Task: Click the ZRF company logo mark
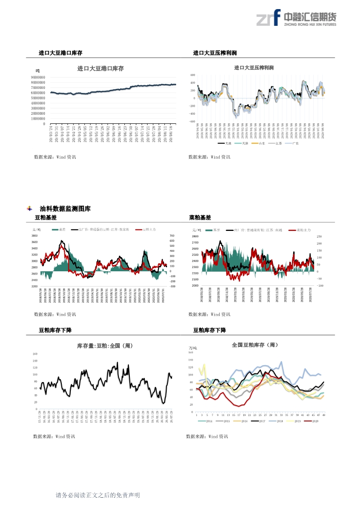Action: (268, 18)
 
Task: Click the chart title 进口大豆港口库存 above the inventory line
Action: (100, 69)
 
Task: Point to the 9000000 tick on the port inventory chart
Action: (38, 77)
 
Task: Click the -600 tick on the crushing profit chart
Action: (192, 121)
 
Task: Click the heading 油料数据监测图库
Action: (65, 209)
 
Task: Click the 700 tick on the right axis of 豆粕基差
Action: (172, 236)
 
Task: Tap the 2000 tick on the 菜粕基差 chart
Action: (195, 286)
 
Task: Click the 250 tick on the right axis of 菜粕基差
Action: (319, 237)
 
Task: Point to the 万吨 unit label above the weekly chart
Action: (193, 348)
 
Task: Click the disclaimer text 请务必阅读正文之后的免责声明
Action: (98, 495)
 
